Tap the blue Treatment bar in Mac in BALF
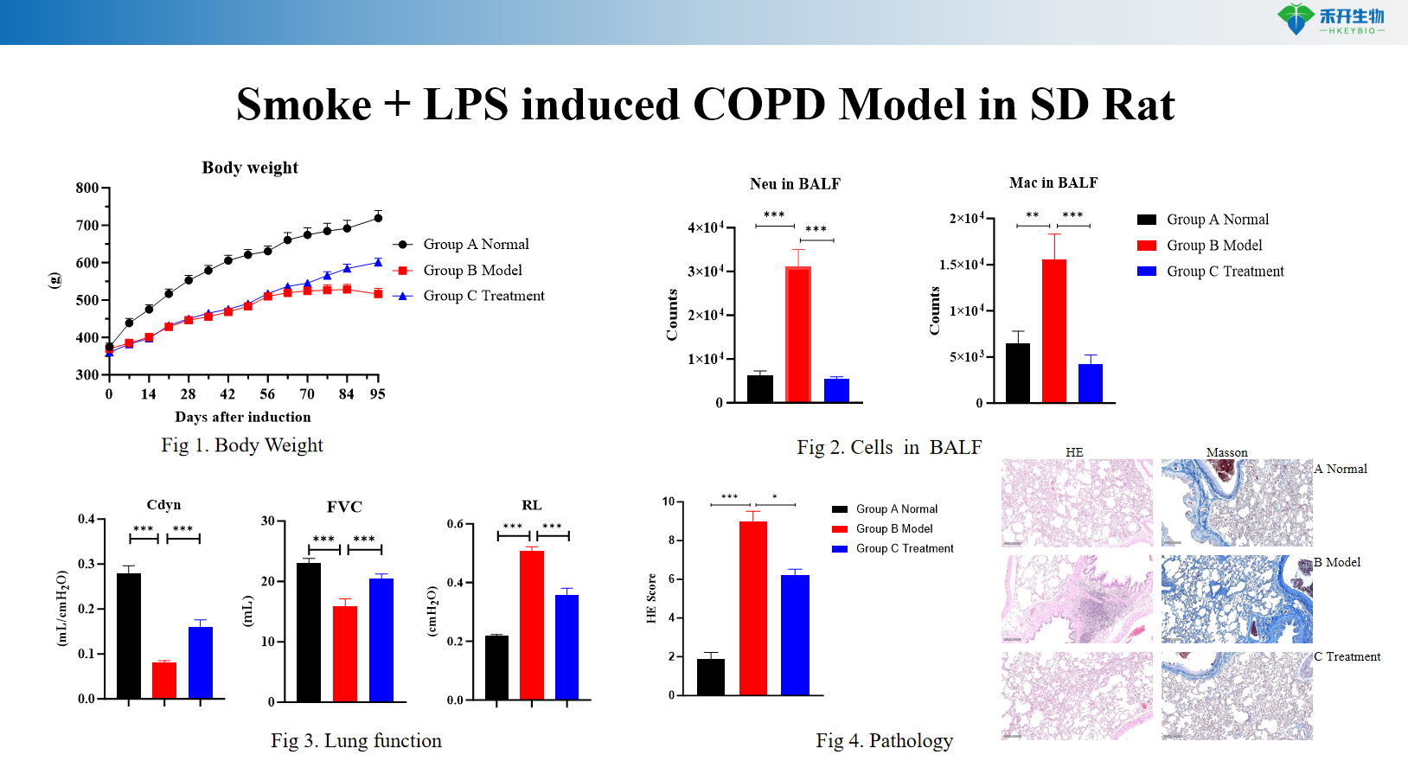[1091, 383]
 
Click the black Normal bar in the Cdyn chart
[129, 636]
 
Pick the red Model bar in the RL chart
[531, 624]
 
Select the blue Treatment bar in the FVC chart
[381, 639]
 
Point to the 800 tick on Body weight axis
[86, 188]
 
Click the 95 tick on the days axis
[378, 394]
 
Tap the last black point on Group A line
[378, 218]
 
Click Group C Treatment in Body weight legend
[483, 296]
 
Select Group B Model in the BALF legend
[1214, 246]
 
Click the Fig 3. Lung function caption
[355, 740]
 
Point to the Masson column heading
[1226, 452]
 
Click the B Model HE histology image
[1077, 598]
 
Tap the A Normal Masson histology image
[1236, 502]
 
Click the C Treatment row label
[1347, 656]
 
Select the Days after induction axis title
[243, 417]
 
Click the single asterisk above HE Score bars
[775, 497]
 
